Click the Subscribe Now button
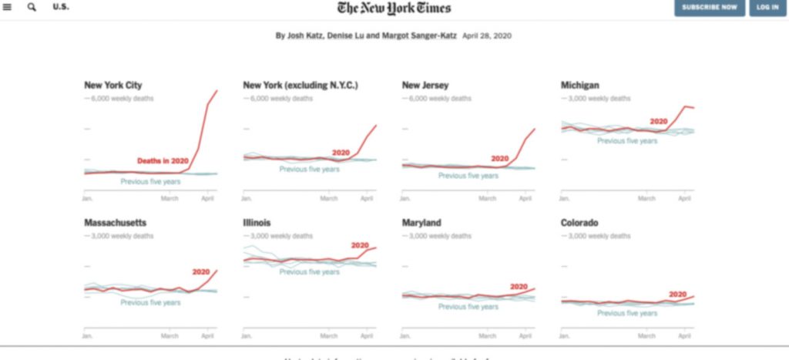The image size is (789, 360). (x=710, y=8)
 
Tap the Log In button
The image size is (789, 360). (x=767, y=8)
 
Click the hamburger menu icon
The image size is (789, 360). (x=8, y=7)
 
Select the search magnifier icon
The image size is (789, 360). (x=32, y=7)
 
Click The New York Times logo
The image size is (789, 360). (x=394, y=8)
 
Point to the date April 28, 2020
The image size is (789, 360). (x=487, y=35)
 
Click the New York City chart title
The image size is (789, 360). (x=112, y=86)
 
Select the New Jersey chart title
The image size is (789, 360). (x=425, y=86)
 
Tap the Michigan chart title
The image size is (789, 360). (x=579, y=86)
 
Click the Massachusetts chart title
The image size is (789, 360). (x=115, y=223)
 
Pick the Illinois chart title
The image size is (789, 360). (x=257, y=223)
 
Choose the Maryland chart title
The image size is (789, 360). (x=421, y=223)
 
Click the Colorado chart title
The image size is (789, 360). (x=580, y=223)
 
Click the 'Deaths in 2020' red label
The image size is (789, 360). (x=163, y=160)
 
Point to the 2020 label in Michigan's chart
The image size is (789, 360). (x=658, y=121)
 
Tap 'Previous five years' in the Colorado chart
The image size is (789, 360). (x=627, y=313)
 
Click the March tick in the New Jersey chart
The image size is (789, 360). (x=487, y=198)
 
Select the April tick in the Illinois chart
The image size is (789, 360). (x=366, y=336)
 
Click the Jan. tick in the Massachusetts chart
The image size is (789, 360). (x=88, y=336)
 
